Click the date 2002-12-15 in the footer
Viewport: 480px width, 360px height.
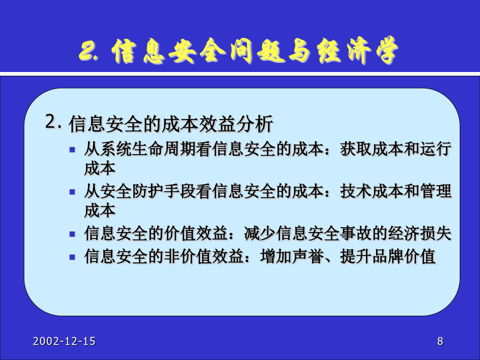coord(65,341)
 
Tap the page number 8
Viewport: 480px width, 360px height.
coord(440,341)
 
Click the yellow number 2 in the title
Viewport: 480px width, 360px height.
coord(86,51)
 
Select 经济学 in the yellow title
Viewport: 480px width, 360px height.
coord(357,51)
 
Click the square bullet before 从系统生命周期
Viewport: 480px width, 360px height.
coord(72,150)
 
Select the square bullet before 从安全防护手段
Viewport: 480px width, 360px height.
coord(72,192)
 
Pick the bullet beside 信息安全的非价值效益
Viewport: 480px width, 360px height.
coord(72,257)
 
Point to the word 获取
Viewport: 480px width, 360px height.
coord(356,149)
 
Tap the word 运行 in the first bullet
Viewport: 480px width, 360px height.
coord(436,149)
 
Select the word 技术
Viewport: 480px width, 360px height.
coord(356,191)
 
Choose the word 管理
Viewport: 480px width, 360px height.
coord(436,191)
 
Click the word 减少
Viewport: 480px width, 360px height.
coord(260,234)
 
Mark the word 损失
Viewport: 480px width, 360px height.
coord(436,234)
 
